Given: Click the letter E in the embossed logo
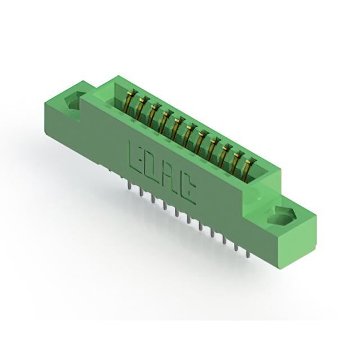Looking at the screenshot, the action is pos(136,156).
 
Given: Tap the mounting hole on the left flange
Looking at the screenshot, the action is pos(74,101).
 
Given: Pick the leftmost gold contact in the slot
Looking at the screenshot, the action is pos(129,102).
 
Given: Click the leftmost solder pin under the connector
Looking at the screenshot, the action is pos(130,186).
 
